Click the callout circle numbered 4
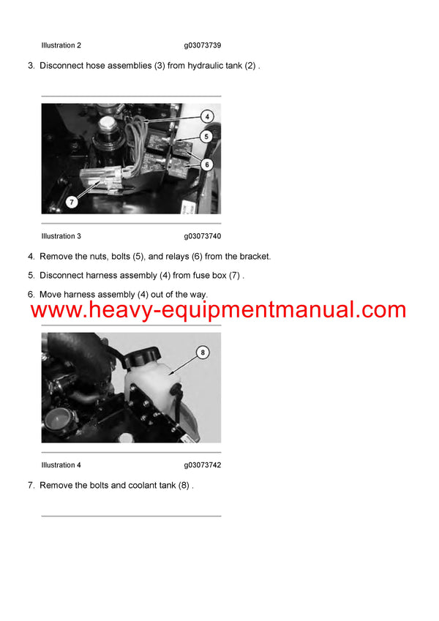[x=207, y=116]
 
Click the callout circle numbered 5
[x=207, y=136]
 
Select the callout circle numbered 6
[x=207, y=165]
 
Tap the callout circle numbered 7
[x=72, y=201]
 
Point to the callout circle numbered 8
[x=203, y=353]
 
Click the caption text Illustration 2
[x=61, y=45]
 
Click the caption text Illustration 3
[x=61, y=236]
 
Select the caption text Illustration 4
[x=61, y=465]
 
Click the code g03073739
[x=203, y=45]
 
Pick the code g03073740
[x=203, y=236]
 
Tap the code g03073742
[x=203, y=465]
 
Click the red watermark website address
[x=218, y=309]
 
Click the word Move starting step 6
[x=50, y=295]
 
